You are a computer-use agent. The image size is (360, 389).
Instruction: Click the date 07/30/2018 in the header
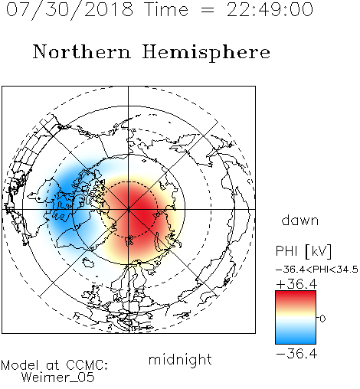[x=70, y=10]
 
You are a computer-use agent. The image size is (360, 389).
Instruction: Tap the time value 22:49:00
[x=270, y=10]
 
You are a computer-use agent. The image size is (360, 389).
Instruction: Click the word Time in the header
[x=166, y=10]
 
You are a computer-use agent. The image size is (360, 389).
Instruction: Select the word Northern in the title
[x=82, y=51]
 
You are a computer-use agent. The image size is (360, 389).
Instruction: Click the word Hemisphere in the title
[x=206, y=53]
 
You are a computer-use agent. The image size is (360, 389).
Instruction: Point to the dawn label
[x=300, y=220]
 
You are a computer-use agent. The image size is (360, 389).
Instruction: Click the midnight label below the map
[x=180, y=360]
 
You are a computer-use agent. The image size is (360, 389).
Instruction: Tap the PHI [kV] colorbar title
[x=303, y=251]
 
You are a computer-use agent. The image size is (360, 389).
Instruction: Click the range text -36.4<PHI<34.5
[x=317, y=270]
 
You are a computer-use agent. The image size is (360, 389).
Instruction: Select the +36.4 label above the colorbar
[x=296, y=284]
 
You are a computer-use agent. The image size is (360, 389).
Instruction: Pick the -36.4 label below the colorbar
[x=296, y=354]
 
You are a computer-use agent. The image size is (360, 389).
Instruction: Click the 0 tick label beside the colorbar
[x=322, y=319]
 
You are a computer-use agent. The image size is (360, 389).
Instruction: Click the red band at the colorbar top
[x=296, y=296]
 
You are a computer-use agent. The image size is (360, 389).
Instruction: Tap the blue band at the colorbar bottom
[x=296, y=339]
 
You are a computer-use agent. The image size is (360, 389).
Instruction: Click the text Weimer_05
[x=58, y=378]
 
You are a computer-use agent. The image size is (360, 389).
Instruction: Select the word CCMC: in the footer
[x=87, y=365]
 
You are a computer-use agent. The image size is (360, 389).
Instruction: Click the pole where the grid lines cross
[x=129, y=209]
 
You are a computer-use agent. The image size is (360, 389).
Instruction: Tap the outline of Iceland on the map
[x=88, y=262]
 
